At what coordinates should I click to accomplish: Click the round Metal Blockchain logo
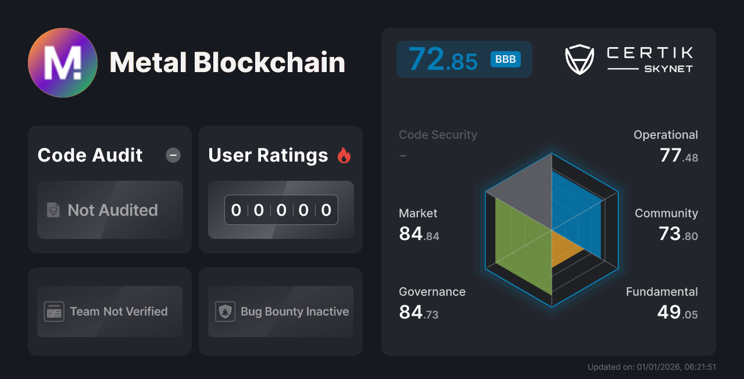tap(63, 63)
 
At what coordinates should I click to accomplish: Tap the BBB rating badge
tap(505, 59)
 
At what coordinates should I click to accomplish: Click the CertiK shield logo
tap(580, 60)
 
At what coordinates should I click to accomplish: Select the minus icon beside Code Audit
tap(173, 155)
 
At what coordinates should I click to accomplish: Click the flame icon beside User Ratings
tap(344, 155)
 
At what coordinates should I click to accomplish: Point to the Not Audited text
tap(113, 210)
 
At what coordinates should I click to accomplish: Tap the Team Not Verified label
tap(119, 312)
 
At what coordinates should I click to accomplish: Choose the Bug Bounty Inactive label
tap(295, 312)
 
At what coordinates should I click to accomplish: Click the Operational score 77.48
tap(679, 156)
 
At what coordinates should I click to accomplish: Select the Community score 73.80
tap(678, 234)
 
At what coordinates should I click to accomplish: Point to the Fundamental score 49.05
tap(677, 313)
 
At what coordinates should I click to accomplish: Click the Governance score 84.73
tap(419, 313)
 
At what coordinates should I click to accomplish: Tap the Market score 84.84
tap(419, 234)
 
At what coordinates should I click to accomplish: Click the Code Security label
tap(438, 135)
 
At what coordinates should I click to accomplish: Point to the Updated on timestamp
tap(652, 367)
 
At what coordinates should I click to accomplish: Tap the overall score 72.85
tap(443, 59)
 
